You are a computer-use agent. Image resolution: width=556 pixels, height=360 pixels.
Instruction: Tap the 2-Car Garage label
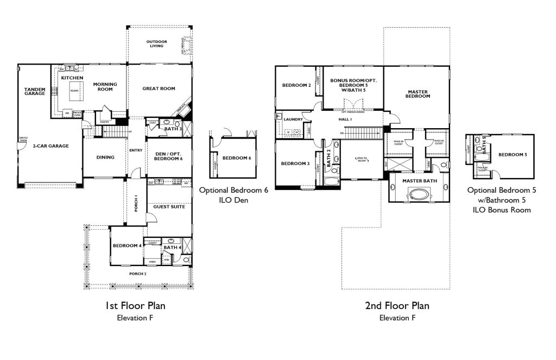(50, 146)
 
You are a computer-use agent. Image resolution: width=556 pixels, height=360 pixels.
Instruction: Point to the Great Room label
(159, 89)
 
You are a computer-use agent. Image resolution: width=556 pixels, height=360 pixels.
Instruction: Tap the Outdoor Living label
(157, 44)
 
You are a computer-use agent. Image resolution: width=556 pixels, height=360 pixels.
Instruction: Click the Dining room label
(105, 157)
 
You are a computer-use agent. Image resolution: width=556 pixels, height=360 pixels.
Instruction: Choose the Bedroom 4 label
(126, 245)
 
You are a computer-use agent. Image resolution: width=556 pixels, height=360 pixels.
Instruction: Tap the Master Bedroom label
(418, 93)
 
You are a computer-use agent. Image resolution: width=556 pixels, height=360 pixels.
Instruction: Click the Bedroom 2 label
(296, 85)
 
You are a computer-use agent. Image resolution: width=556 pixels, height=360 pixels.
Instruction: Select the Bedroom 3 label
(295, 163)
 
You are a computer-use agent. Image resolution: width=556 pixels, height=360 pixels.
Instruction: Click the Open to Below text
(362, 159)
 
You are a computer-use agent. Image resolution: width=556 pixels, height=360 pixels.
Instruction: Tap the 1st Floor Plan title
(135, 306)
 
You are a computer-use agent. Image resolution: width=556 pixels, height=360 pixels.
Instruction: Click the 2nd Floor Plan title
(397, 306)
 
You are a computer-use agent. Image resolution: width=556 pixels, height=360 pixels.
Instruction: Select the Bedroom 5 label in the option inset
(513, 155)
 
